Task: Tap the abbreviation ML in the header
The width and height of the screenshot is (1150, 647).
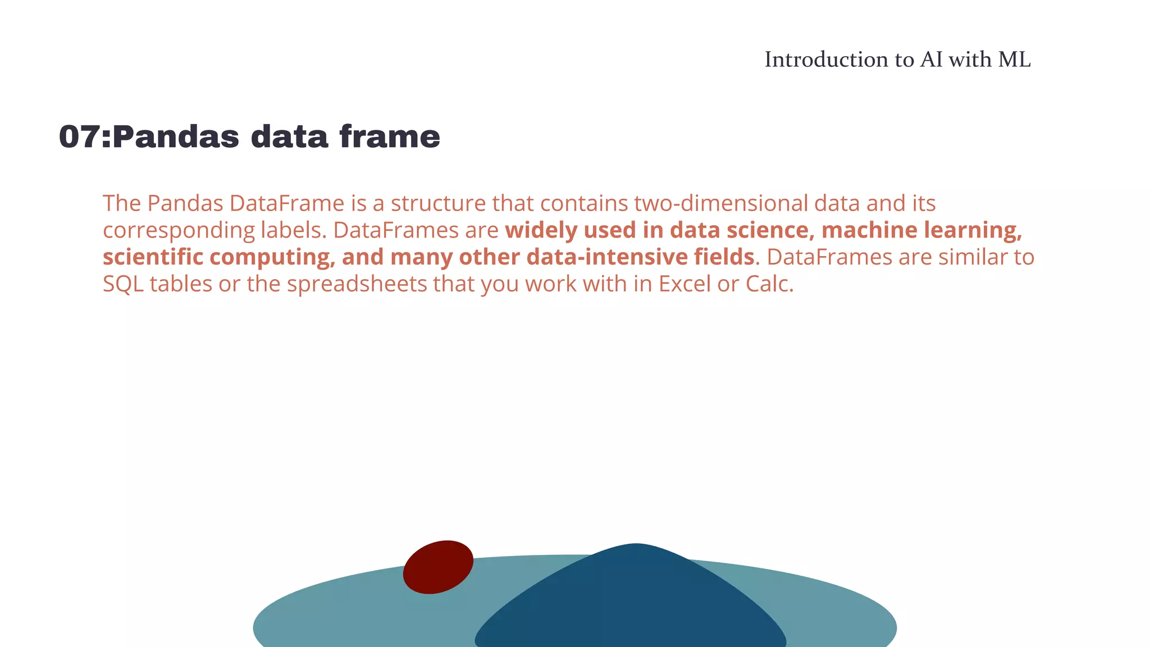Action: click(x=1014, y=60)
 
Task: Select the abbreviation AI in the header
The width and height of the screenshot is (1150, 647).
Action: click(x=932, y=60)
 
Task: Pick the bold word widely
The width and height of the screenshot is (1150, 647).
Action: click(x=539, y=230)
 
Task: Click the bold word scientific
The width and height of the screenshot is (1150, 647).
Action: click(x=153, y=257)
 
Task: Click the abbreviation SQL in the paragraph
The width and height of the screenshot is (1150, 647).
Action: click(x=123, y=284)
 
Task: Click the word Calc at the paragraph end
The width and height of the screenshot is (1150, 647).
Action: click(x=768, y=284)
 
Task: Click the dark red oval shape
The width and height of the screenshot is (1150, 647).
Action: click(x=438, y=567)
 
